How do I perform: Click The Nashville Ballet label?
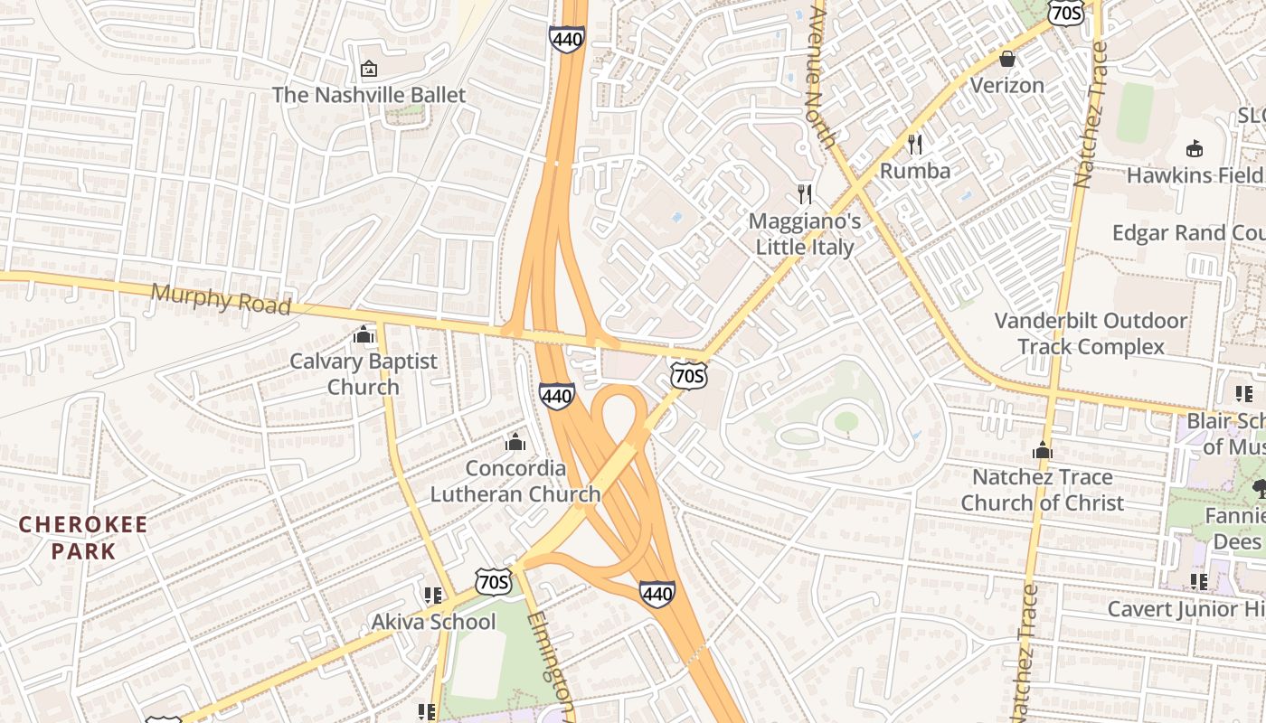tap(369, 95)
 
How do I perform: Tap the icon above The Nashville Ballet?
tap(369, 69)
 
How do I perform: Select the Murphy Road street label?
tap(221, 298)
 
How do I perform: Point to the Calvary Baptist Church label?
tap(364, 373)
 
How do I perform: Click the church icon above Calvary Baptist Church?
tap(364, 335)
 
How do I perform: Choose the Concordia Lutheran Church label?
tap(515, 481)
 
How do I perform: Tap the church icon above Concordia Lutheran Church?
tap(515, 442)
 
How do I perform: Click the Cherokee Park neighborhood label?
tap(83, 538)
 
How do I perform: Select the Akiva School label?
tap(434, 622)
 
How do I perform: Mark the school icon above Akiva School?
tap(432, 595)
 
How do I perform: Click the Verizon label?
tap(1007, 85)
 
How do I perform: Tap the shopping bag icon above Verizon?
tap(1007, 59)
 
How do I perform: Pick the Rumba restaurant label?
tap(915, 171)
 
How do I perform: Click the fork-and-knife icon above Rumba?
tap(915, 144)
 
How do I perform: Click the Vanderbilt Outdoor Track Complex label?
tap(1091, 333)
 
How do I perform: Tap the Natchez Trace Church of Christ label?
tap(1043, 489)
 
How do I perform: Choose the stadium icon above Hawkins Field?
tap(1195, 149)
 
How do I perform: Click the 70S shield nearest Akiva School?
tap(495, 581)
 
